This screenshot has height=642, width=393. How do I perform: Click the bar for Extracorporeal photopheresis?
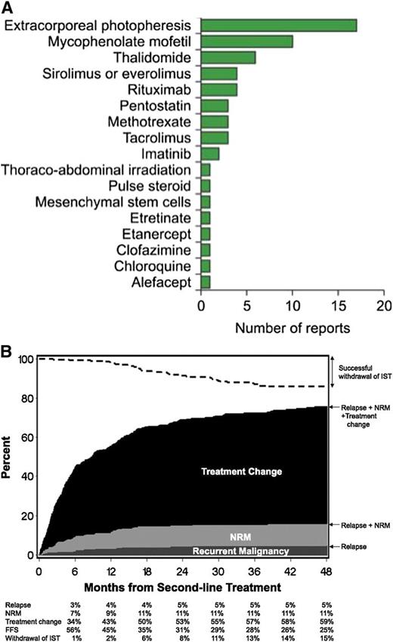click(268, 26)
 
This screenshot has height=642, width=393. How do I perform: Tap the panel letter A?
click(7, 7)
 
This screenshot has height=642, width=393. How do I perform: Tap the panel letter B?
click(7, 352)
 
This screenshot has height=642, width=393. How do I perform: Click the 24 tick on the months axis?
click(182, 570)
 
